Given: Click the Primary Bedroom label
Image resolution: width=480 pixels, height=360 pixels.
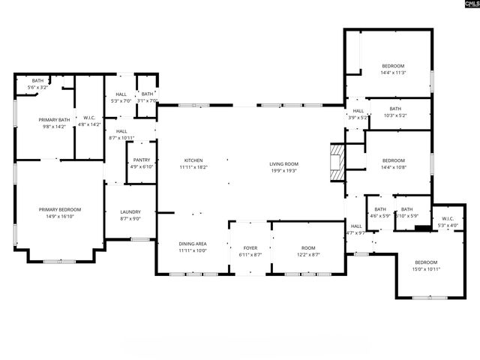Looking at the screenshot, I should [60, 209].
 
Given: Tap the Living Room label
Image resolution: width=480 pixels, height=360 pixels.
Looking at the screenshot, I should [284, 163].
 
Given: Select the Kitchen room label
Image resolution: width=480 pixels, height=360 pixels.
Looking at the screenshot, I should [193, 160].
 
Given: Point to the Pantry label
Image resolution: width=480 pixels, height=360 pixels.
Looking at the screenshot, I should [141, 160].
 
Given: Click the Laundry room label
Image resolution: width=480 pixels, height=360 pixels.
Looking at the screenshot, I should [130, 211].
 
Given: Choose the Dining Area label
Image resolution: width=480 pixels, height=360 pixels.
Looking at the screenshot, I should [193, 244].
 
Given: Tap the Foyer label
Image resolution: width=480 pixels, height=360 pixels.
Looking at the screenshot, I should [249, 248].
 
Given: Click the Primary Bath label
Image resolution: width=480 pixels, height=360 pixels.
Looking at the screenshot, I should [54, 119].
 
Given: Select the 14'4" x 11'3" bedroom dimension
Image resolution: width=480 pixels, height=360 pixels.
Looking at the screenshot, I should [393, 73].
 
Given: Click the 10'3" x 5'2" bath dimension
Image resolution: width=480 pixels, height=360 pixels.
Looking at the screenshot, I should [394, 115].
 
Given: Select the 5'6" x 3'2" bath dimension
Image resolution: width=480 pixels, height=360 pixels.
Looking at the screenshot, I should [37, 88].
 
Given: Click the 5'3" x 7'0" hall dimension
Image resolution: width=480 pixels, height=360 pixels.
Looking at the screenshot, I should [121, 100].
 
